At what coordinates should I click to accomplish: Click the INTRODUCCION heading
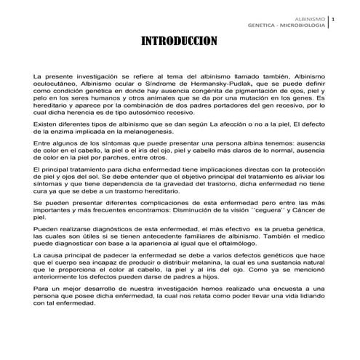point(180,41)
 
